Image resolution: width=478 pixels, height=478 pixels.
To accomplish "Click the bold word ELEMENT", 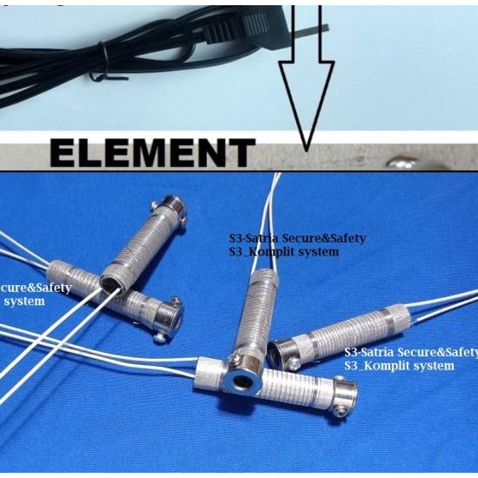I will point(152,153).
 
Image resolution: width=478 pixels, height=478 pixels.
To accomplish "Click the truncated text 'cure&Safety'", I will point(35,288).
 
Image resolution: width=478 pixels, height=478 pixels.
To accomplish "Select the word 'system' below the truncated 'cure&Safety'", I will point(24,301).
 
